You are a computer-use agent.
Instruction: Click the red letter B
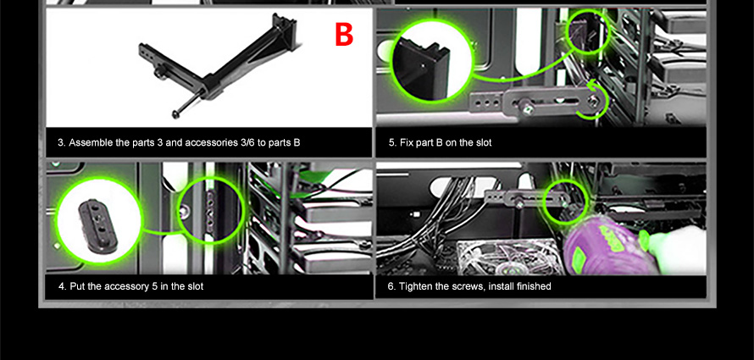click(344, 34)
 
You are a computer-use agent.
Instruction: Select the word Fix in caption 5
click(406, 142)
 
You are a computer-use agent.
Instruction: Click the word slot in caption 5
click(483, 142)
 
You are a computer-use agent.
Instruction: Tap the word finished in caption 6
click(534, 286)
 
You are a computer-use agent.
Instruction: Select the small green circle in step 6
click(565, 202)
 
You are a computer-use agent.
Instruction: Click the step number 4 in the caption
click(62, 286)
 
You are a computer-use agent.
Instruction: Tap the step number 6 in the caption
click(391, 286)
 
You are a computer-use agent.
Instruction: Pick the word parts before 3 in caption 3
click(143, 143)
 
